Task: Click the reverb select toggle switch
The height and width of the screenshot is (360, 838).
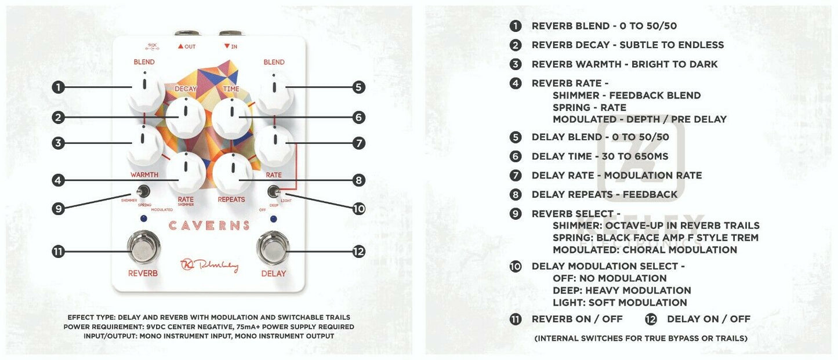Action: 142,191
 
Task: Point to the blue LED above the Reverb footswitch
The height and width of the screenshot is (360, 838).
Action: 143,219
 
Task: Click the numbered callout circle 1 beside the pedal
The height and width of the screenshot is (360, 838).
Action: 58,88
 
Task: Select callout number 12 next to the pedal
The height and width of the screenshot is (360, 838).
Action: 359,252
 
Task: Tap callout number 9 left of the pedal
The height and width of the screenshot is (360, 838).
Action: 58,209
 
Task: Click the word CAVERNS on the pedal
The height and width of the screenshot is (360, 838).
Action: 209,226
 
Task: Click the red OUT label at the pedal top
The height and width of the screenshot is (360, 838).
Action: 187,46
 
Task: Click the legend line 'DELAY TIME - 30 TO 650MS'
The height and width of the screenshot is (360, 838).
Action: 600,156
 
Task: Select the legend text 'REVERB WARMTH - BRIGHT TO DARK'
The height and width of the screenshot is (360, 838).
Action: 624,64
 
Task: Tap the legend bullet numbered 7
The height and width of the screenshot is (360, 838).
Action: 516,175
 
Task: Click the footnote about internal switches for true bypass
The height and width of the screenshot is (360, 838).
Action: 641,338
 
